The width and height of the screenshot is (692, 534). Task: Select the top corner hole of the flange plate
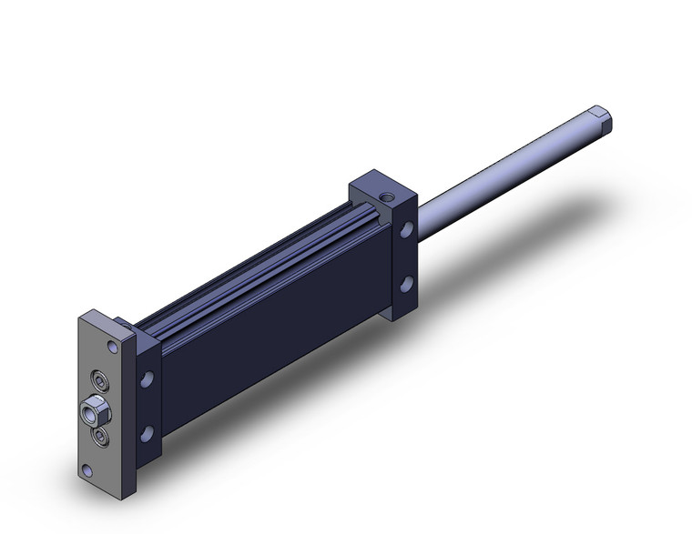coord(112,346)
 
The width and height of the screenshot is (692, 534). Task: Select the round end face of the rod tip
coord(608,120)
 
